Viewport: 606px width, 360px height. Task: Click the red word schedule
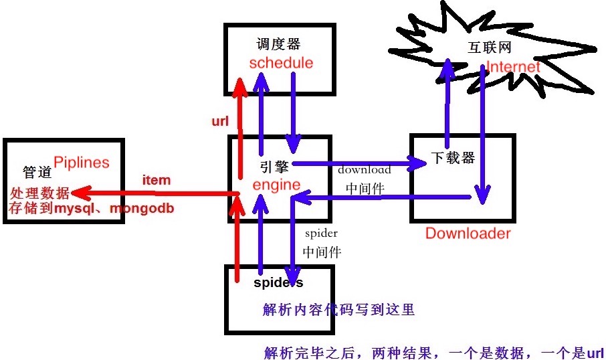[281, 63]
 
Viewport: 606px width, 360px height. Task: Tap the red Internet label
[513, 67]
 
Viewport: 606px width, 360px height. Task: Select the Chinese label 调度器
[278, 44]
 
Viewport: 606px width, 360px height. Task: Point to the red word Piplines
[81, 163]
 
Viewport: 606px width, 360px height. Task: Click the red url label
[220, 121]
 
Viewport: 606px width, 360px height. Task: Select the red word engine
[277, 185]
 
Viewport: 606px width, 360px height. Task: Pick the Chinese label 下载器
[452, 158]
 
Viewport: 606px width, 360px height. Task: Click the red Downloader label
[468, 234]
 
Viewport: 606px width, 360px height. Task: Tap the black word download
[365, 170]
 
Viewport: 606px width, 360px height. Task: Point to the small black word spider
[321, 234]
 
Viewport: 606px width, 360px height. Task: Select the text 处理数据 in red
[39, 193]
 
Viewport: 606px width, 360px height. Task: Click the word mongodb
[142, 209]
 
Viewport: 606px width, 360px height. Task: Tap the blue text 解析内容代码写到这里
[340, 309]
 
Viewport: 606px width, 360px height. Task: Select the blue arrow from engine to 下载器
[355, 163]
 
